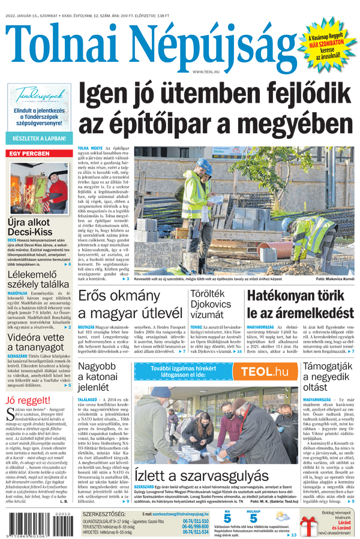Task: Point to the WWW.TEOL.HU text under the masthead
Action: coord(206,72)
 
